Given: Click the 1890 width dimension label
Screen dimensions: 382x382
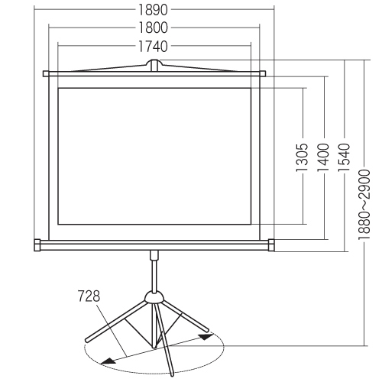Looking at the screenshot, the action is (153, 10).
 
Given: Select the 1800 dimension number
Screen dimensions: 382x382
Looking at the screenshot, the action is (153, 28).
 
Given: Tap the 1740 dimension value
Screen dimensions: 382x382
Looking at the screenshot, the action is (153, 47).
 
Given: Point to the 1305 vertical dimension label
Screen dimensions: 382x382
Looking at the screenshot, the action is (303, 157).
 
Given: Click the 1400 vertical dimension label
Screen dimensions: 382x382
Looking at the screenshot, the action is (324, 157).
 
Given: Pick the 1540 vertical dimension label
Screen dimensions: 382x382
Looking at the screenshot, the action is (345, 157).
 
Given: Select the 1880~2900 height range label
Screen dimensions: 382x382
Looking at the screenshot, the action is (364, 205).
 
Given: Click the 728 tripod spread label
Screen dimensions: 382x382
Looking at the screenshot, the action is (89, 296).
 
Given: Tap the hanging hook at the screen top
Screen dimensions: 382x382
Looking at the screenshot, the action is (154, 65).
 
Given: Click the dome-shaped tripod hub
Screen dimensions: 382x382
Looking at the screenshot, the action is (154, 297).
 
